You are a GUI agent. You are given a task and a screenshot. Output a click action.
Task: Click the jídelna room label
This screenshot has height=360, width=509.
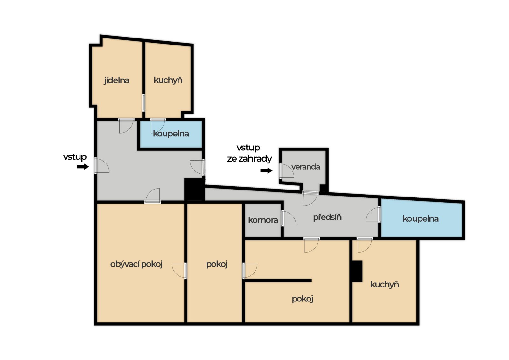(116, 81)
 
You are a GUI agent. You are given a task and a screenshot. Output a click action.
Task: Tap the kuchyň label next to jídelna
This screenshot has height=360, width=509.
(168, 80)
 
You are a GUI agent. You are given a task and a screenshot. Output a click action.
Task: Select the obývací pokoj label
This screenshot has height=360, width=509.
(136, 264)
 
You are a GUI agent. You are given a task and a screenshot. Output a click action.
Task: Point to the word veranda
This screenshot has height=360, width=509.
(306, 167)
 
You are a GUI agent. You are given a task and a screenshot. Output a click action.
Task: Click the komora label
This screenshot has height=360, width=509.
(263, 220)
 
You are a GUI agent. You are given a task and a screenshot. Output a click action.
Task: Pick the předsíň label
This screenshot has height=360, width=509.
(327, 217)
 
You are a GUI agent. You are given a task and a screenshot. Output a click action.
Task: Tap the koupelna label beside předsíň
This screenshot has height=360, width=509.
(421, 219)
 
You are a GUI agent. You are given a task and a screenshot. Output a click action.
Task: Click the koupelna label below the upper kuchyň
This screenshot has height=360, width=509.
(171, 134)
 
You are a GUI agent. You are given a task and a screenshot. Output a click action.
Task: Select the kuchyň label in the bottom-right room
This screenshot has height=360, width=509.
(385, 284)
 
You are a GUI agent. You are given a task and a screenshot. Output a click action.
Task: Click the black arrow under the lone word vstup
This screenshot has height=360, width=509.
(83, 167)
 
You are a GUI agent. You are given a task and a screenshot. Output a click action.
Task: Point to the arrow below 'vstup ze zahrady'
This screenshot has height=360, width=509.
(266, 170)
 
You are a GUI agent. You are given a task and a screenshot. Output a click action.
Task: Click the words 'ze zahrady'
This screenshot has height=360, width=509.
(249, 159)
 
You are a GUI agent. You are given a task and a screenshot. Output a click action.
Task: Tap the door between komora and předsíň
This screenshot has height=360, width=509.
(288, 218)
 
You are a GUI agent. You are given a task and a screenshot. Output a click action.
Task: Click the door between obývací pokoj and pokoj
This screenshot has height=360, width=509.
(179, 271)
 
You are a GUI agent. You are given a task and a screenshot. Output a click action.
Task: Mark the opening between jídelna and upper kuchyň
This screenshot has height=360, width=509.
(143, 103)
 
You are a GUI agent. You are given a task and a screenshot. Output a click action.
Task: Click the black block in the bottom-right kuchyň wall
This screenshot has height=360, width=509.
(357, 271)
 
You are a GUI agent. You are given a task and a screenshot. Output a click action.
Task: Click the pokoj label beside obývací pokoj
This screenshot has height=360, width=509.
(217, 264)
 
